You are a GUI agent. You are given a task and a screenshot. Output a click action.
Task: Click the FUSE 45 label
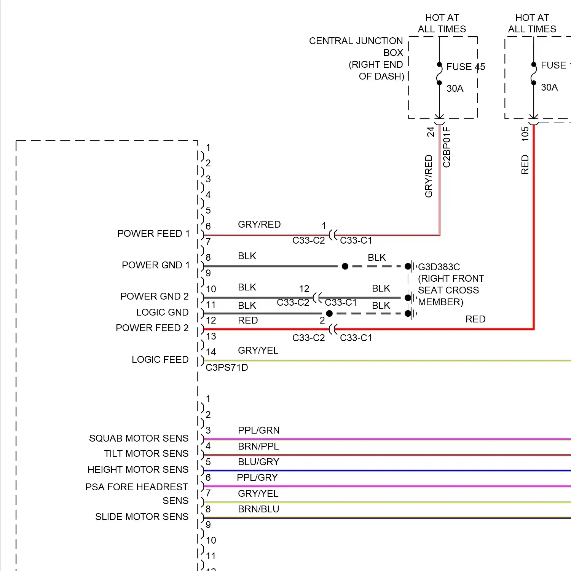point(465,67)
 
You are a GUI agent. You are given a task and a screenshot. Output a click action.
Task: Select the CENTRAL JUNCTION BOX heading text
point(356,41)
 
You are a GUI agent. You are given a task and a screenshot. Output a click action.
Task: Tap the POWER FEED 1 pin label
point(153,233)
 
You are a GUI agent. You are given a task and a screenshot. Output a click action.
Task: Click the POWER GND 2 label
point(154,296)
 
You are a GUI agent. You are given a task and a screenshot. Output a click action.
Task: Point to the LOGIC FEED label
point(160,359)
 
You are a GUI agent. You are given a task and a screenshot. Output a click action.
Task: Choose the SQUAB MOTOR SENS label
point(139,438)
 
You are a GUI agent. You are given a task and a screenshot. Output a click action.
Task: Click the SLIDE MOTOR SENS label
point(142,517)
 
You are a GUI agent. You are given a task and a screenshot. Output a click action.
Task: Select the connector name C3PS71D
point(227,367)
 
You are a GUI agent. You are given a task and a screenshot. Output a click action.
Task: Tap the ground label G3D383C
point(439,267)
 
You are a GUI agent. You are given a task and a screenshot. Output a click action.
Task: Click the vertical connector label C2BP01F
point(447,147)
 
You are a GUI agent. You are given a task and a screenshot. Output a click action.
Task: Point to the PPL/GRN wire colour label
point(258,430)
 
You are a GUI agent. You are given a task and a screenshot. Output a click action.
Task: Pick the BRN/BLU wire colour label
point(258,509)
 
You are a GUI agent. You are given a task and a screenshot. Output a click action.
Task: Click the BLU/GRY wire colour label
point(258,462)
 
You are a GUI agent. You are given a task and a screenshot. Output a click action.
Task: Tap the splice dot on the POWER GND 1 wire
point(345,266)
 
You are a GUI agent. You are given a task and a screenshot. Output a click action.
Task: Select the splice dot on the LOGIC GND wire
point(329,314)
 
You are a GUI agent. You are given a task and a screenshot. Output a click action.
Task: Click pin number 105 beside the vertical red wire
point(525,134)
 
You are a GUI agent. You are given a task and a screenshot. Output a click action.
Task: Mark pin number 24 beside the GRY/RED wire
point(431,132)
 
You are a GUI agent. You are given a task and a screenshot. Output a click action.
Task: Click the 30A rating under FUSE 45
point(455,88)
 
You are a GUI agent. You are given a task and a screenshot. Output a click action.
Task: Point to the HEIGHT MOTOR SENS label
point(138,469)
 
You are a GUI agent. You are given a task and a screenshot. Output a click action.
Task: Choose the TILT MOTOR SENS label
point(146,453)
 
